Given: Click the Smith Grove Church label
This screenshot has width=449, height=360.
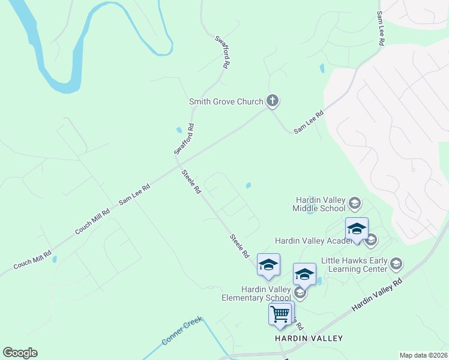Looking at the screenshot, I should point(226,101).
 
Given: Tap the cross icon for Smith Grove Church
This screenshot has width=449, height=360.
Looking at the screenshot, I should point(273,101).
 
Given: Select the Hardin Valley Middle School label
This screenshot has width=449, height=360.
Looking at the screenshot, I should point(319,204).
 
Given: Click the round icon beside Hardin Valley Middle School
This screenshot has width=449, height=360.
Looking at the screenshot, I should point(354,203).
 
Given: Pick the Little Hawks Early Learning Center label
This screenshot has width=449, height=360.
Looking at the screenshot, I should point(354,265).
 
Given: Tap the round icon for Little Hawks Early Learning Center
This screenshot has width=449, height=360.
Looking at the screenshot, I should point(396,263).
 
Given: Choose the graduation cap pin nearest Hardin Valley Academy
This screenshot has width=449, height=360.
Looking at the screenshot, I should point(357,230).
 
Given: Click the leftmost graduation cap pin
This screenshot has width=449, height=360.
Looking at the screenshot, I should point(268,265).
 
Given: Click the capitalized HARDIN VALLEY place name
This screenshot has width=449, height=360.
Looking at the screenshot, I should point(309,338).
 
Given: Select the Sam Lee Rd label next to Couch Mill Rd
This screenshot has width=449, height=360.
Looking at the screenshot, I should point(134,195).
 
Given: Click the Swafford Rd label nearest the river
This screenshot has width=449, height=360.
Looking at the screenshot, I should point(222,52).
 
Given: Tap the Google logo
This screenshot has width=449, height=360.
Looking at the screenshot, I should point(20,353).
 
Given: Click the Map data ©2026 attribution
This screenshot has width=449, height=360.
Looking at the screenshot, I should point(423,355).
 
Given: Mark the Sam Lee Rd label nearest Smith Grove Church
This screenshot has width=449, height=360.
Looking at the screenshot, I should point(309,122).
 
